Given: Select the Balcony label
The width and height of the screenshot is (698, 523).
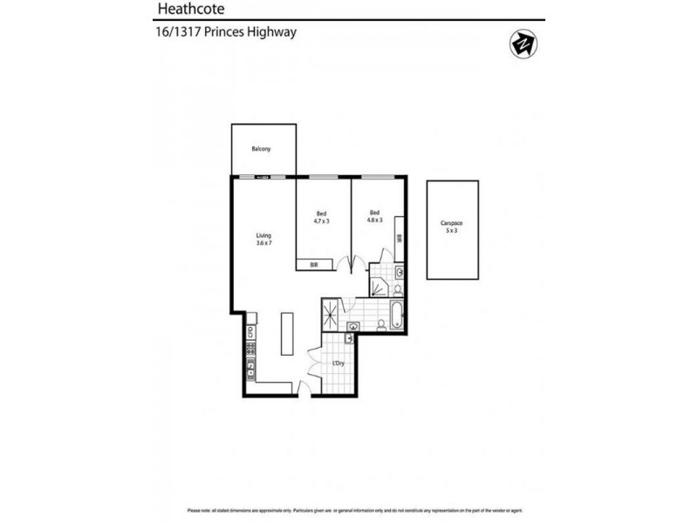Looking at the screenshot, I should pos(261,149).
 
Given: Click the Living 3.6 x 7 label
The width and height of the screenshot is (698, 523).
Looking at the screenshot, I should pos(263,239).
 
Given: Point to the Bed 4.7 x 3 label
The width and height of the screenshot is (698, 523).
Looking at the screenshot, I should pos(321,217).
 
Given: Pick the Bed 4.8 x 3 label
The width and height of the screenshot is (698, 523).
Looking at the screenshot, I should pos(374,217).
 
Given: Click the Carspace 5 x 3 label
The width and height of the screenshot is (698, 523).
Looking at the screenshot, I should pos(452,229).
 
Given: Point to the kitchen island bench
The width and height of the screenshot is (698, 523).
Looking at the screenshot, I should pos(286,334).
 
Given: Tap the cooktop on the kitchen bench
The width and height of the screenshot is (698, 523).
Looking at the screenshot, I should pos(250,350).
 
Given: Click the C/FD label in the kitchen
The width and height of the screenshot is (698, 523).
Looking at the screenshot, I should pos(250,331).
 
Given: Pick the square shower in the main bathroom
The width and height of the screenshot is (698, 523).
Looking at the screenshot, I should pos(332,312).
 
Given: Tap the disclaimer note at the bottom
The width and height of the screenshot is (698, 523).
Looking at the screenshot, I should pos(349,510).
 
